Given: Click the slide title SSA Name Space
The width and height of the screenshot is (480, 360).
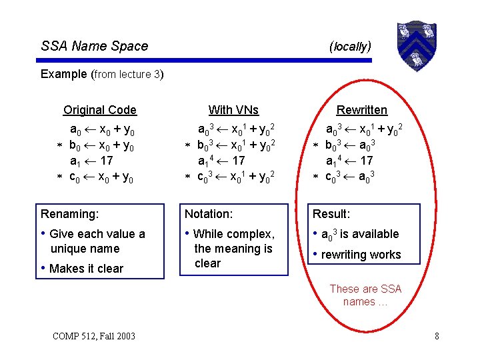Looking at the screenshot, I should (x=95, y=46).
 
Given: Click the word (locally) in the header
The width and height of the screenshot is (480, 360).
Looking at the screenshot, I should (x=350, y=46).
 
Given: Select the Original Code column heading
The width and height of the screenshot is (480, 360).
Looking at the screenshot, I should (x=100, y=110).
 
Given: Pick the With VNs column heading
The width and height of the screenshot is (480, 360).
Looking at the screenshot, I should (x=233, y=110).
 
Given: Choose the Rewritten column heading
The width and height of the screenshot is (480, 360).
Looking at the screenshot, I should (x=361, y=110).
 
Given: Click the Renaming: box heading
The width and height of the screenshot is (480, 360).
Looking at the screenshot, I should (x=69, y=214).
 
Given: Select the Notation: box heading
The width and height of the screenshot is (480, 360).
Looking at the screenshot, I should (x=209, y=214).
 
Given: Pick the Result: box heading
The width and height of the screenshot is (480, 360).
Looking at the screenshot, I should (x=331, y=214).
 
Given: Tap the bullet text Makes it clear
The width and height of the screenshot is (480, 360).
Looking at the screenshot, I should (x=87, y=269).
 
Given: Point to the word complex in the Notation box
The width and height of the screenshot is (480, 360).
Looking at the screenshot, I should (x=251, y=234).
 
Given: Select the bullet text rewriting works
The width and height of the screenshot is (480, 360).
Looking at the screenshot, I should (x=361, y=255).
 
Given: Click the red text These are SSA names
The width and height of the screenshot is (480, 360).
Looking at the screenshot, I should (x=365, y=295).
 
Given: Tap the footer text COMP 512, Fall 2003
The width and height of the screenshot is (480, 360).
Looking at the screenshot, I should (x=93, y=335).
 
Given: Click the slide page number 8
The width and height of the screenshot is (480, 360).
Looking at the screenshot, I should (x=437, y=335).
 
